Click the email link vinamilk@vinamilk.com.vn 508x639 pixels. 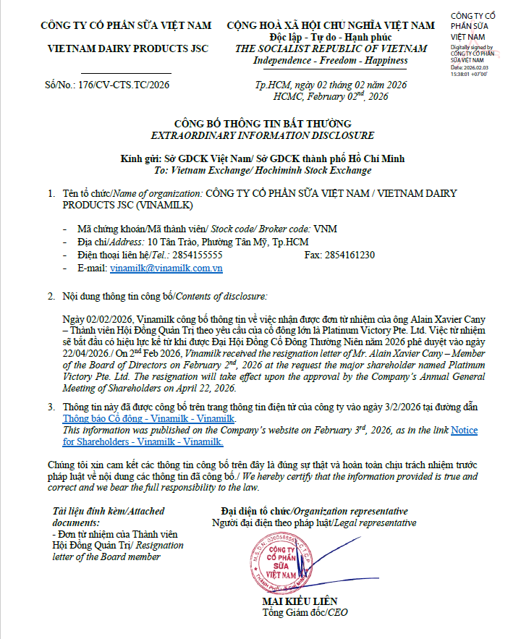coord(166,268)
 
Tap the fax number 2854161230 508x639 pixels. coord(350,255)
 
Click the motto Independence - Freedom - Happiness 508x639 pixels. coord(331,61)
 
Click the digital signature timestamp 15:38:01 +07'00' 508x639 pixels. coord(469,74)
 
